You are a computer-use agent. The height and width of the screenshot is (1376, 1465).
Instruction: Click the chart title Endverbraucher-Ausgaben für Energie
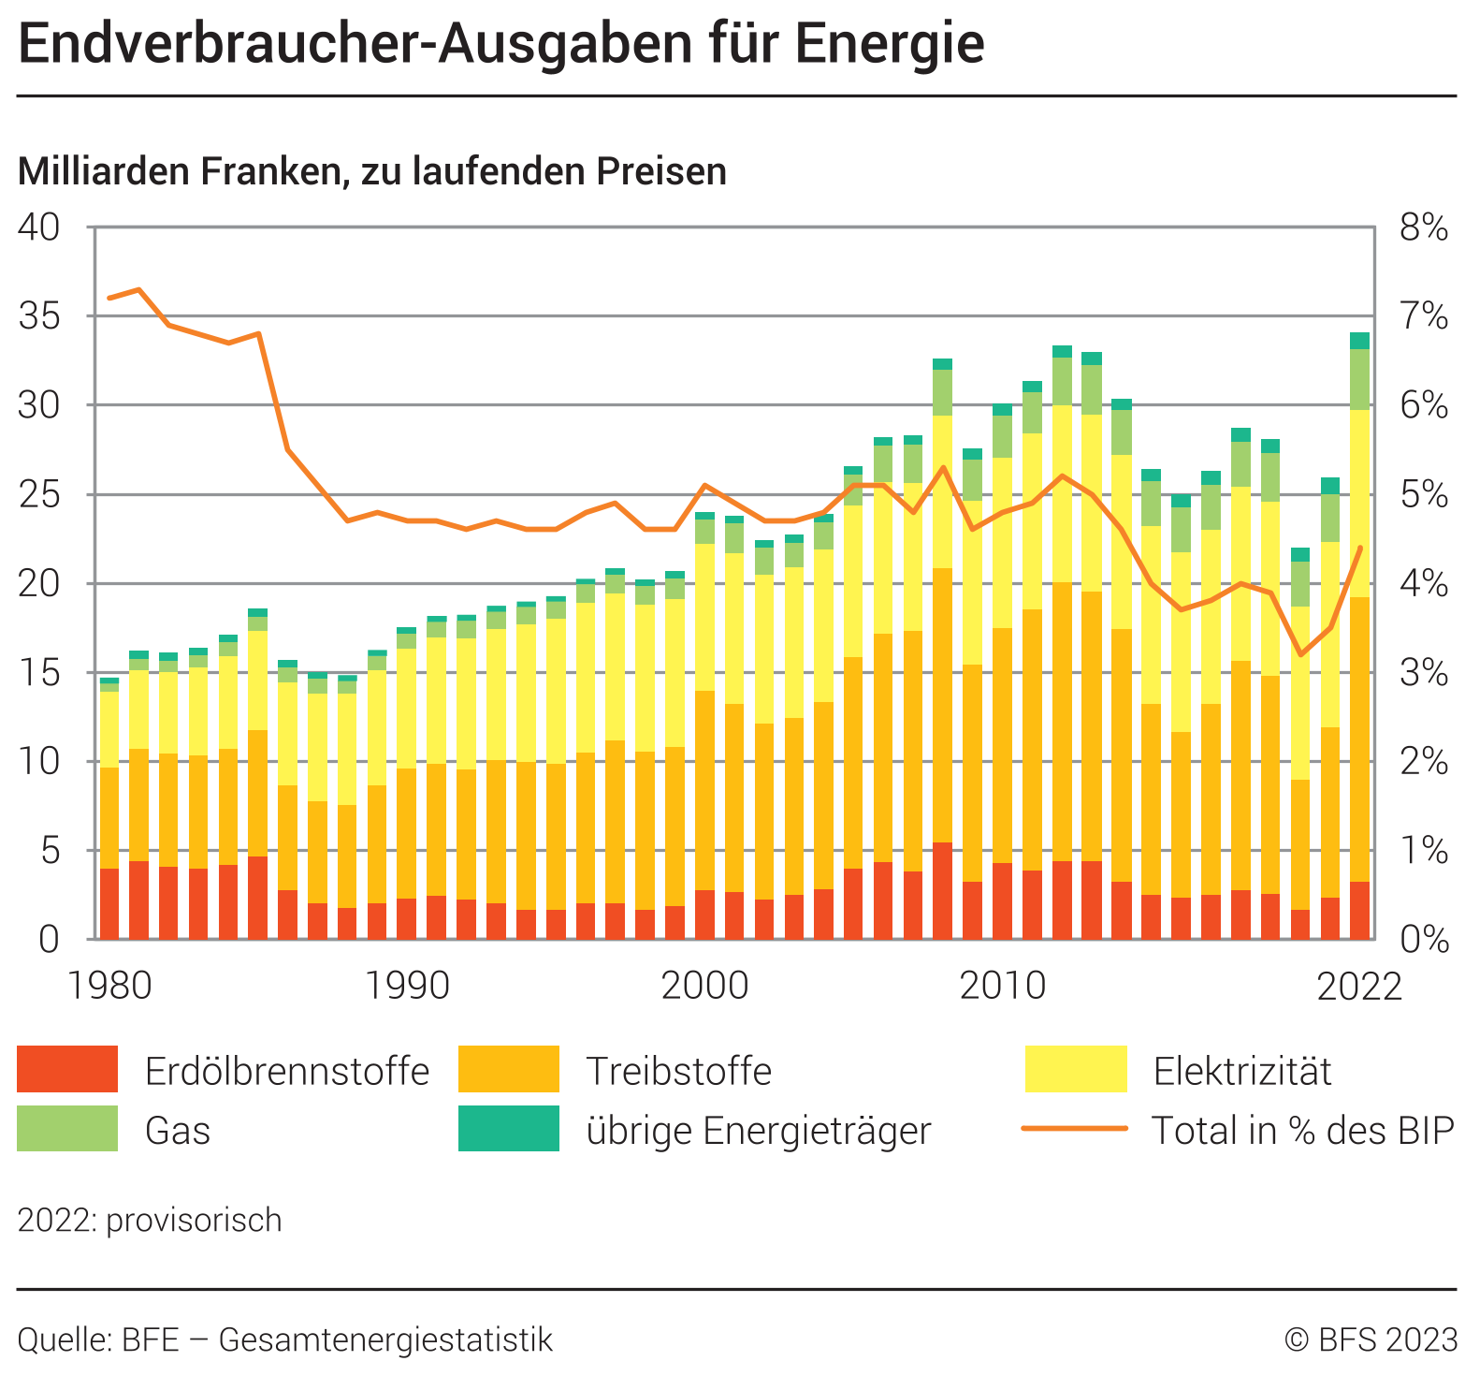500,44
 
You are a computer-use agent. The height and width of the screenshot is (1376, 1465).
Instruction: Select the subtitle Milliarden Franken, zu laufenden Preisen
371,171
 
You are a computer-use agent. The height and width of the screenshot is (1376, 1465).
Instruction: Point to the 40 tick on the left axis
38,227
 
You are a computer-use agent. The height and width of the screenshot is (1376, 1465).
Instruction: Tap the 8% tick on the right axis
1423,227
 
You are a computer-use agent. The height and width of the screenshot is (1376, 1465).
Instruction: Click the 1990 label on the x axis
407,986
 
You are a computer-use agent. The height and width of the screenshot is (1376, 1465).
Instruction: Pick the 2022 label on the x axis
1359,986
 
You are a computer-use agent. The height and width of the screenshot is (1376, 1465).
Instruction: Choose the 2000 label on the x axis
704,986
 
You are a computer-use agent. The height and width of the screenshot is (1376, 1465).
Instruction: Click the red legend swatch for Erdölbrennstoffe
67,1069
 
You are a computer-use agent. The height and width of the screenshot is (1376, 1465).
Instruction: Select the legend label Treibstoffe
678,1071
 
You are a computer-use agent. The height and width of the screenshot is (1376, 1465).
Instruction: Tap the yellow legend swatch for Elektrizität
1076,1069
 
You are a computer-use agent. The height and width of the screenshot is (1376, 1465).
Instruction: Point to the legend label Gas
178,1130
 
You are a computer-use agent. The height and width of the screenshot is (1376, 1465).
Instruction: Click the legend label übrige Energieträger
759,1130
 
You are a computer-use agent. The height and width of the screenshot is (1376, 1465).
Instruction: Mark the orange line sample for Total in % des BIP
1074,1129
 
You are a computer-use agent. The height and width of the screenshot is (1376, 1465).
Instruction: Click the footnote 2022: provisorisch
150,1221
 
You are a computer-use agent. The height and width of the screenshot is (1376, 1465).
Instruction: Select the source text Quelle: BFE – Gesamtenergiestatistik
285,1339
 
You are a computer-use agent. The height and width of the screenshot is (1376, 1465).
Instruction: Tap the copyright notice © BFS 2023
1371,1339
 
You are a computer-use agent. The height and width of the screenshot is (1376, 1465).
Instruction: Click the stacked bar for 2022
1359,655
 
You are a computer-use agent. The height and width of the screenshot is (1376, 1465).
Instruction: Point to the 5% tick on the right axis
1423,494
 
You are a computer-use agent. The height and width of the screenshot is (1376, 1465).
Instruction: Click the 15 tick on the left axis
38,672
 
